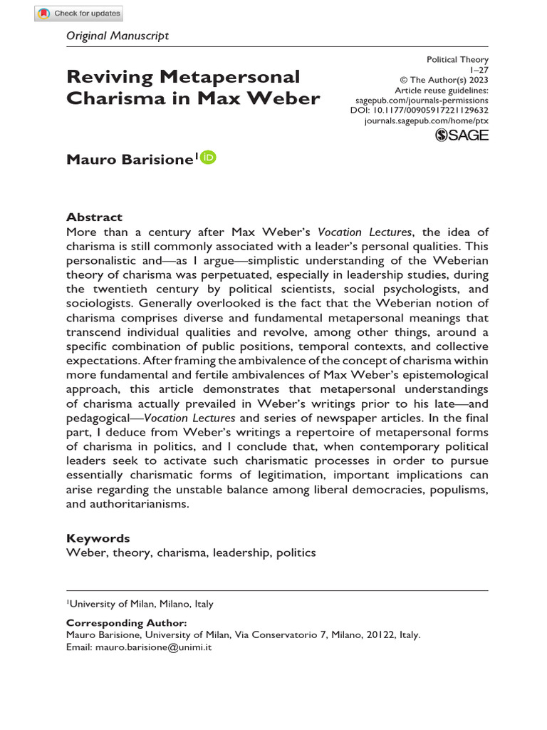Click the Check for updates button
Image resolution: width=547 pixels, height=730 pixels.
[79, 13]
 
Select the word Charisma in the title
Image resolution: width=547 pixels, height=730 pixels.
[113, 98]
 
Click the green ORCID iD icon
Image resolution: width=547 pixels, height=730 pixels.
[207, 158]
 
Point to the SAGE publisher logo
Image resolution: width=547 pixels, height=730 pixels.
[462, 135]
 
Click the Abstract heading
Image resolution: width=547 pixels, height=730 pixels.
[94, 217]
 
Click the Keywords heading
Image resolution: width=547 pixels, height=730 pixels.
[98, 538]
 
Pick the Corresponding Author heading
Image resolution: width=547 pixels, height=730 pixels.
[127, 622]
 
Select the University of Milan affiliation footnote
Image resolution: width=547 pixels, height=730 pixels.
[140, 604]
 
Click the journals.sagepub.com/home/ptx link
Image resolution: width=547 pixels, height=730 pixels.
[426, 122]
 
